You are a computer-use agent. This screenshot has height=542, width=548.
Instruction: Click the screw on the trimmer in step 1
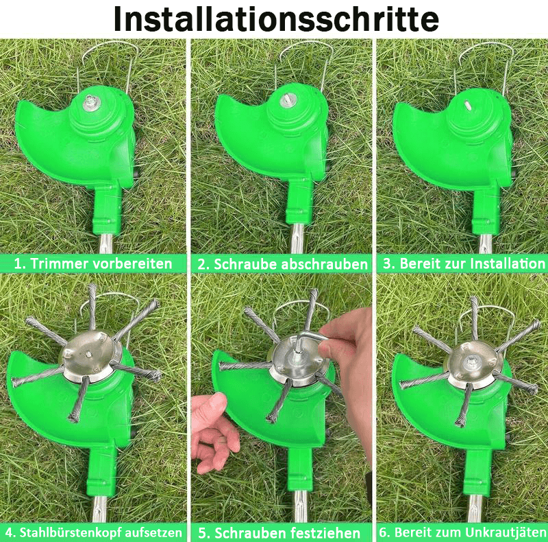[91, 101]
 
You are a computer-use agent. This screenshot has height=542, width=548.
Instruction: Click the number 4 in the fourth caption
[10, 532]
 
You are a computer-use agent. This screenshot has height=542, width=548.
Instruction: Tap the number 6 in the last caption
[384, 532]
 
